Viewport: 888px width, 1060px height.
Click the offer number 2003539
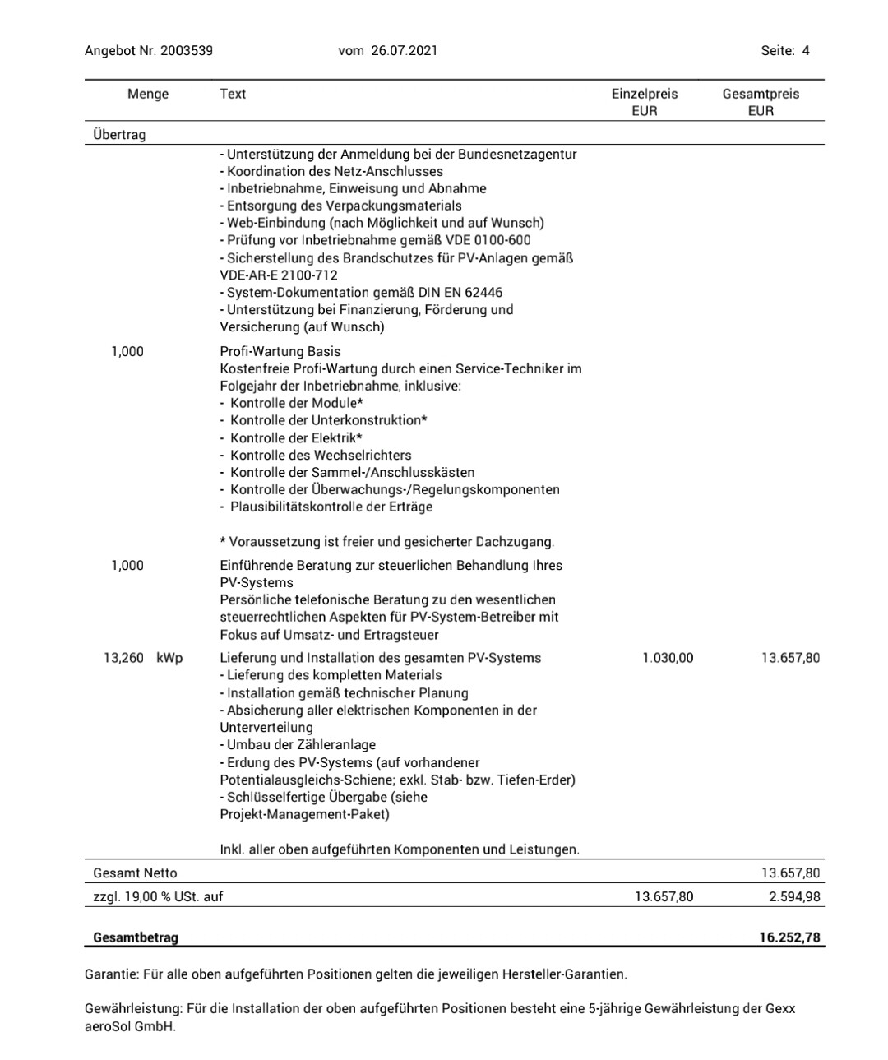point(187,50)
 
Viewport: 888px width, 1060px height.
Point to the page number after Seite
point(806,50)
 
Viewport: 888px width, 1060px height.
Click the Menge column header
point(148,94)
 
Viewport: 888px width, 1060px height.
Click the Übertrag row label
point(119,134)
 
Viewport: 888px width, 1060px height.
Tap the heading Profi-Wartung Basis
point(280,351)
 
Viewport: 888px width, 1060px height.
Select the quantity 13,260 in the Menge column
point(123,658)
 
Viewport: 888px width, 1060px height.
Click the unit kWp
point(169,658)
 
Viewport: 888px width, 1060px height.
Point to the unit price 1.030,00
point(668,658)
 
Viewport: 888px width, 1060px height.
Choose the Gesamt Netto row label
point(135,873)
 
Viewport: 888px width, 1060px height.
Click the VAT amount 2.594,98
point(794,896)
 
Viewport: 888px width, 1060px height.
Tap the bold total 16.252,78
point(789,937)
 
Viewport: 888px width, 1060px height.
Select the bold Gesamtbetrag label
point(136,937)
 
